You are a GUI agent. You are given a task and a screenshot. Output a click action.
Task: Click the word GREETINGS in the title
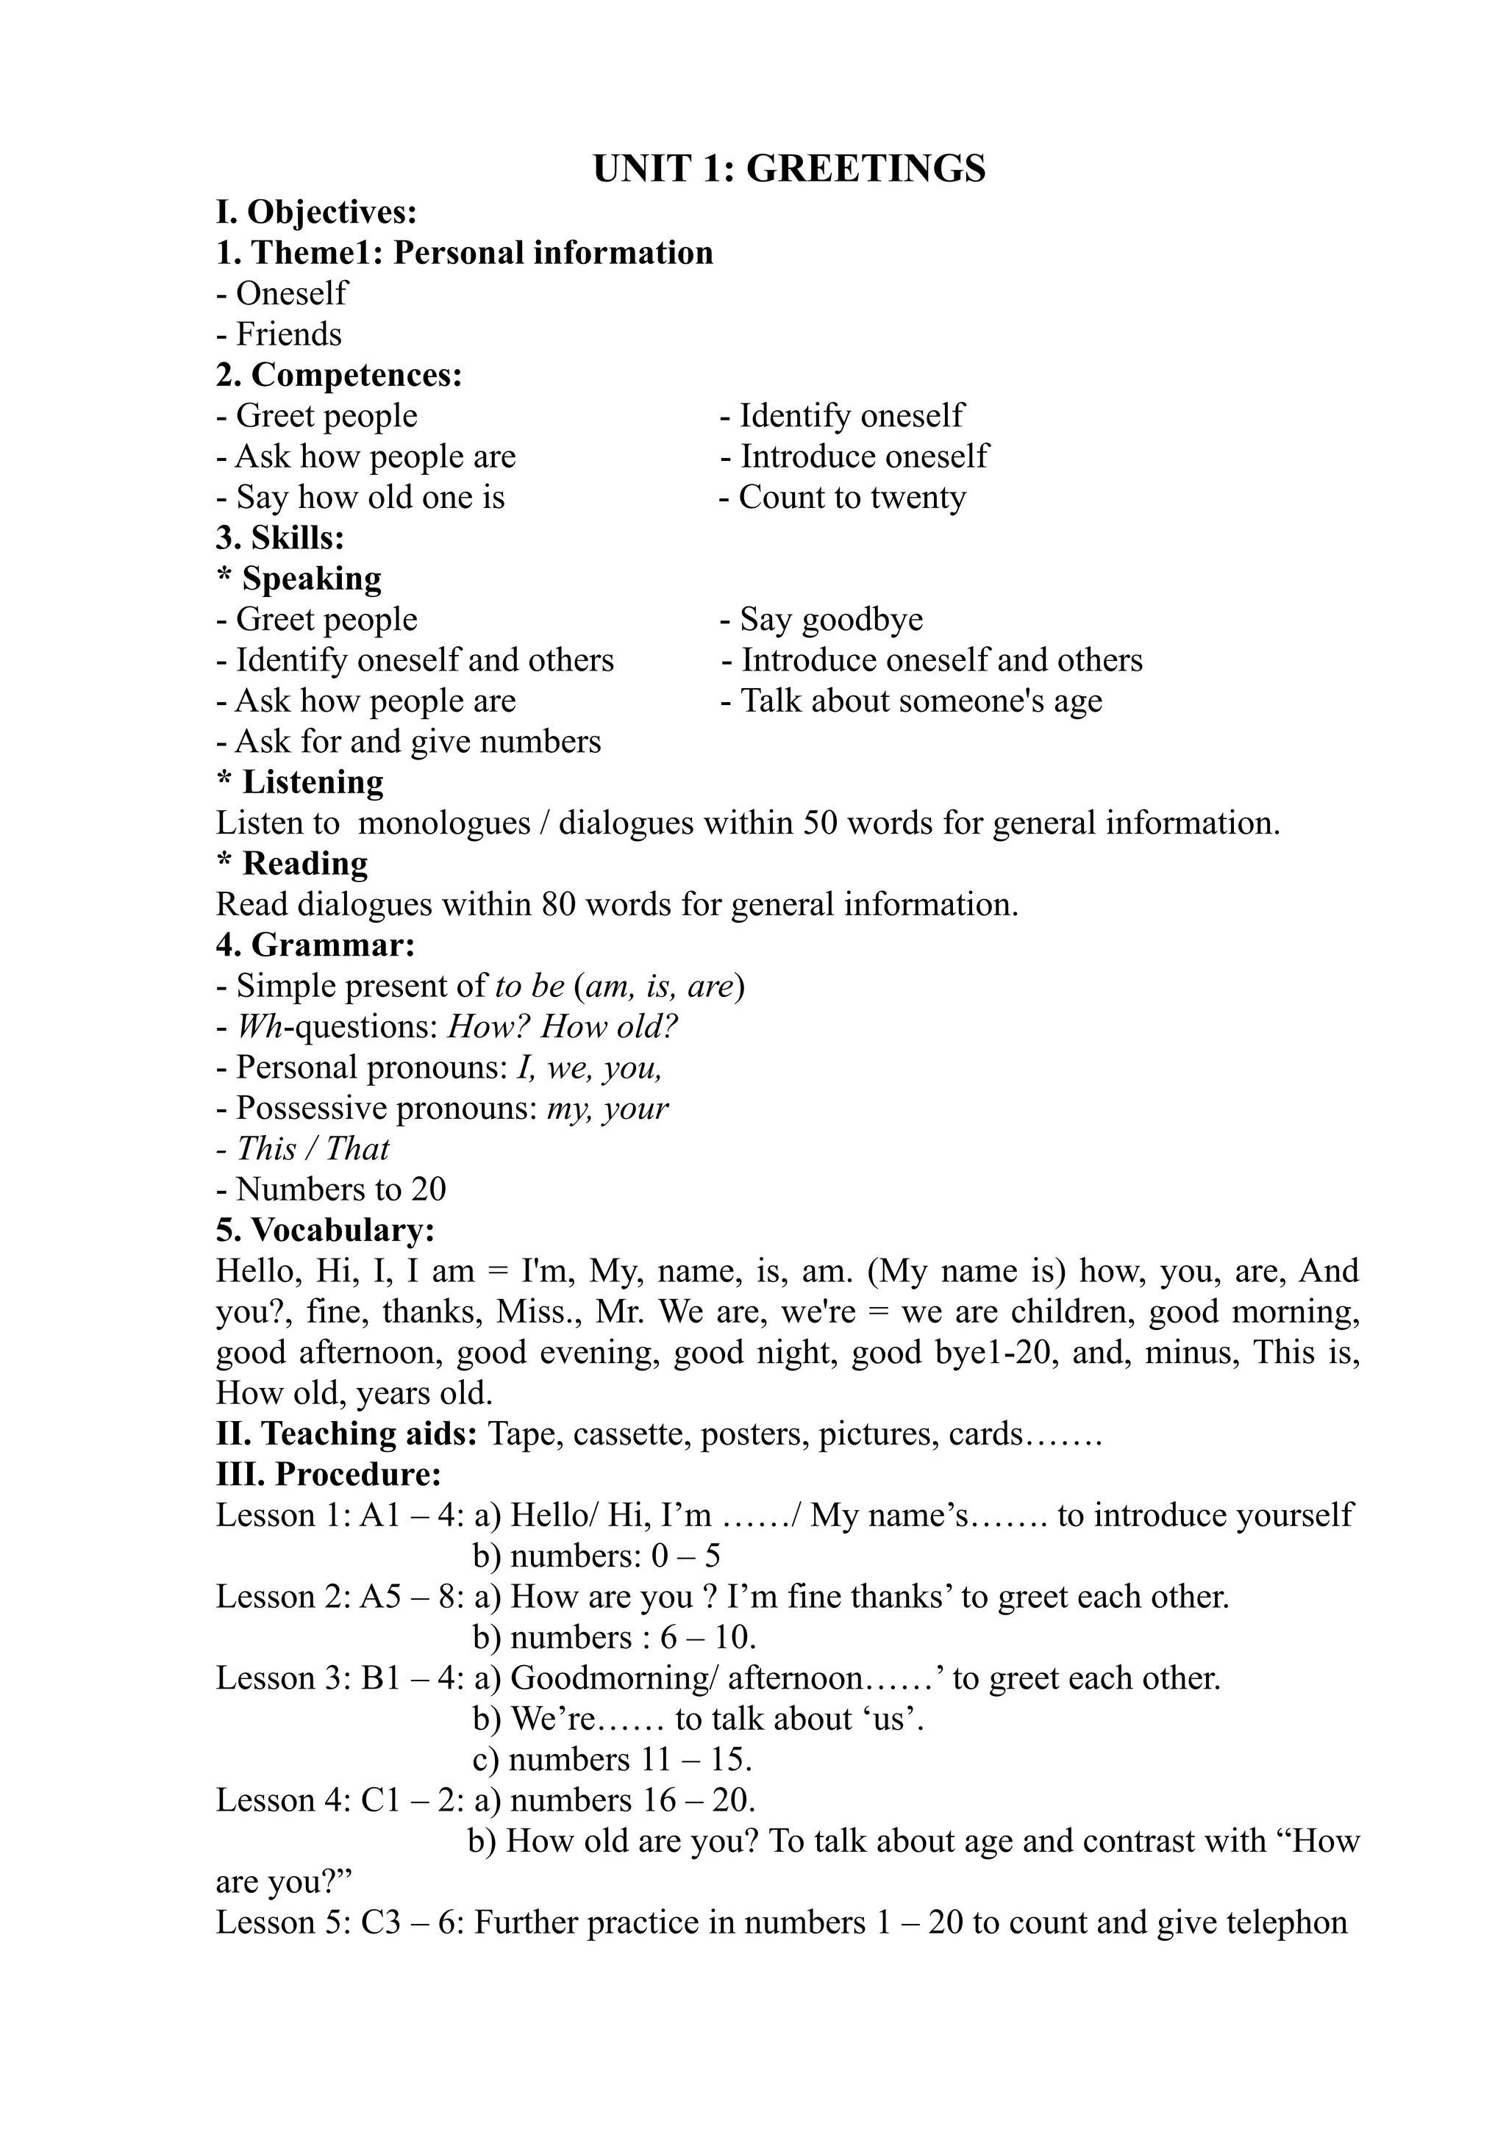coord(866,170)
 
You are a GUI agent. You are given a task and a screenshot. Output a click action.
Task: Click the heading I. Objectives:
coord(316,212)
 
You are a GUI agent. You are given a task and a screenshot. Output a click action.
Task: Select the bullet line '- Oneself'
coord(282,294)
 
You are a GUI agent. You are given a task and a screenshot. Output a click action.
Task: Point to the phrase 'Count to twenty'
coord(852,498)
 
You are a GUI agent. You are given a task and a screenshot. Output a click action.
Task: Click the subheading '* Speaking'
coord(299,579)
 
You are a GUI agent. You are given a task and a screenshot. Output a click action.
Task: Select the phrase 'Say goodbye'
coord(831,620)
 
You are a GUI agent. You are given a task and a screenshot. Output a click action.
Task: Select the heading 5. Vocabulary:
coord(326,1231)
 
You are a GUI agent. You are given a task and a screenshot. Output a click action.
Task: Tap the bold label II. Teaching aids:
coord(346,1434)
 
